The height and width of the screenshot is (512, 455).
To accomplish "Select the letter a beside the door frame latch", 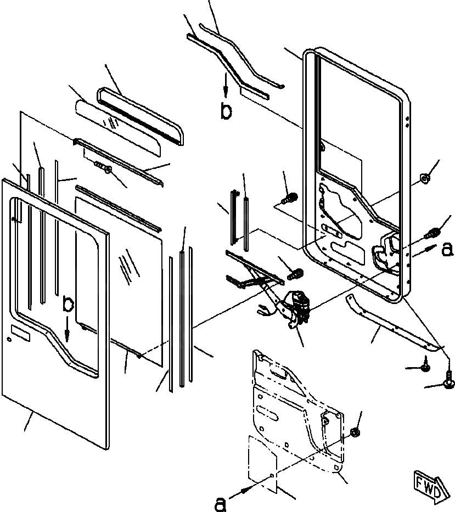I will pyautogui.click(x=447, y=250).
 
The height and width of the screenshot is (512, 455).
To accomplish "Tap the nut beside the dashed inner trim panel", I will pyautogui.click(x=354, y=433).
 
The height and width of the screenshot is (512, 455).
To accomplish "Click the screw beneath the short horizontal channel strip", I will pyautogui.click(x=103, y=166).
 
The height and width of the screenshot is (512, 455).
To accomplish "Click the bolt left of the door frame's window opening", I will pyautogui.click(x=290, y=196).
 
